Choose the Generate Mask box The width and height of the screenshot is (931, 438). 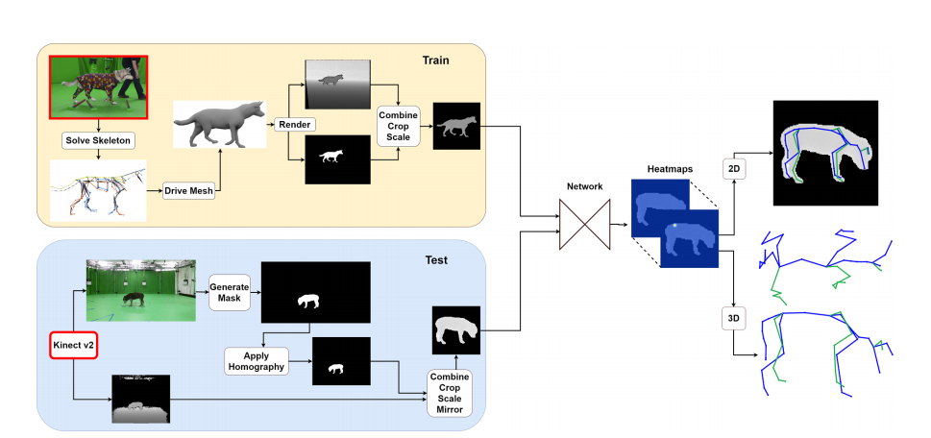coord(228,290)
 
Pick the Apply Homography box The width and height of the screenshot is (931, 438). coord(257,361)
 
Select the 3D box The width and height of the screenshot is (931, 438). coord(733,316)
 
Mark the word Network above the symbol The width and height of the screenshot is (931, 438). coord(586,187)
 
